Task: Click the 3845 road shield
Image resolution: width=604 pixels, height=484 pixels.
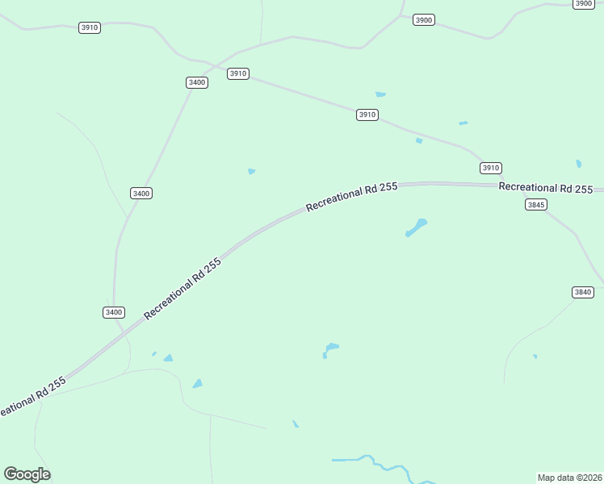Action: coord(536,205)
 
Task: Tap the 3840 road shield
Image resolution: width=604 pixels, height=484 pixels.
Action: coord(582,292)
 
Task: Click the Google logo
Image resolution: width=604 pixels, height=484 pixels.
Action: coord(27,474)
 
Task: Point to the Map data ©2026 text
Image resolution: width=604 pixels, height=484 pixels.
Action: coord(569,478)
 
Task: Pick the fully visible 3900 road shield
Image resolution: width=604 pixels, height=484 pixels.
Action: coord(423,19)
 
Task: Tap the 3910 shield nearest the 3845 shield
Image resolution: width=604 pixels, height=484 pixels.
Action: coord(491,168)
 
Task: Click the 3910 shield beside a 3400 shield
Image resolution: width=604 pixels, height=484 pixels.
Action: coord(237,73)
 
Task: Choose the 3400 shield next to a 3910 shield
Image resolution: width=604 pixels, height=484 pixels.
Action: coord(196,82)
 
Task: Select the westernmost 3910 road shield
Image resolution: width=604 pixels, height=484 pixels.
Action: coord(90,27)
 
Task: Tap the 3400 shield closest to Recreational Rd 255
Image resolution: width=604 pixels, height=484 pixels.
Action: coord(114,312)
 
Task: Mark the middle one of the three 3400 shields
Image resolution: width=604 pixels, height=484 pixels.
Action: coord(141,193)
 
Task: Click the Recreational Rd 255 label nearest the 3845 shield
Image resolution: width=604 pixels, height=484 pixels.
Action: coord(546,188)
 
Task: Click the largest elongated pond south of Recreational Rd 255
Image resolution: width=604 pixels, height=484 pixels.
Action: coord(416,227)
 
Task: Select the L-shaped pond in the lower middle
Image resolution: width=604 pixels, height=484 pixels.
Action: coord(329,349)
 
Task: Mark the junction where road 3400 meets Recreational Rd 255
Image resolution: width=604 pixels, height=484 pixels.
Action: coord(129,331)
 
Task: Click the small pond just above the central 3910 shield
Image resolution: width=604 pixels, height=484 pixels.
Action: coord(380,94)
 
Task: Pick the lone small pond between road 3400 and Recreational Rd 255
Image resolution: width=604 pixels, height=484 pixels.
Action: coord(252,171)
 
